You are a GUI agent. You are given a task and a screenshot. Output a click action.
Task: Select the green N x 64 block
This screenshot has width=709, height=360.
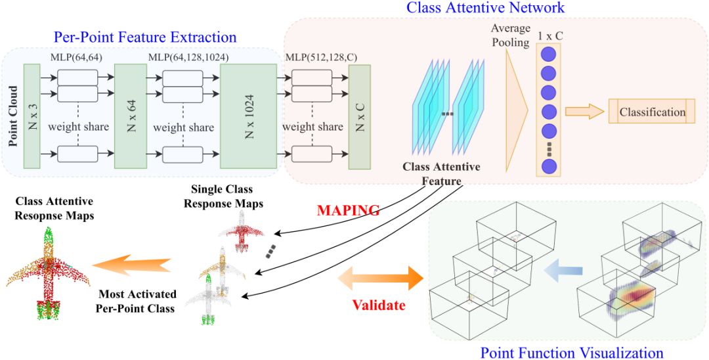[x=130, y=116]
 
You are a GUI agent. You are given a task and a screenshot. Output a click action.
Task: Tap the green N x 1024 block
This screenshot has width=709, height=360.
[x=248, y=116]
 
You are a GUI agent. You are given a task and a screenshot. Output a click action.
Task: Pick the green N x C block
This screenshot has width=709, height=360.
[x=360, y=116]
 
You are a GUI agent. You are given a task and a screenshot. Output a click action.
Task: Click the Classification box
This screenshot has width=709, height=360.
[x=652, y=112]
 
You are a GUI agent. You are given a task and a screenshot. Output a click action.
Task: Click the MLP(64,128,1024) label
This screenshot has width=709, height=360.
[x=189, y=58]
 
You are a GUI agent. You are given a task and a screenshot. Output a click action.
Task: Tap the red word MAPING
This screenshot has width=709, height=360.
[x=348, y=211]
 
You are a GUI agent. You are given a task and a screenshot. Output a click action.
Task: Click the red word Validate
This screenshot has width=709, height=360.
[x=379, y=305]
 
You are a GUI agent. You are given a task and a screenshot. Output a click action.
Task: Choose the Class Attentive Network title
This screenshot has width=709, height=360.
[x=485, y=8]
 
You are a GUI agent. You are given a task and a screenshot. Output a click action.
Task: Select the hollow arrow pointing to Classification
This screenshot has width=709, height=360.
[x=584, y=112]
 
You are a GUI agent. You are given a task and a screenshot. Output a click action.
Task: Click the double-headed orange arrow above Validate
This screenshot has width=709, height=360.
[x=380, y=278]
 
